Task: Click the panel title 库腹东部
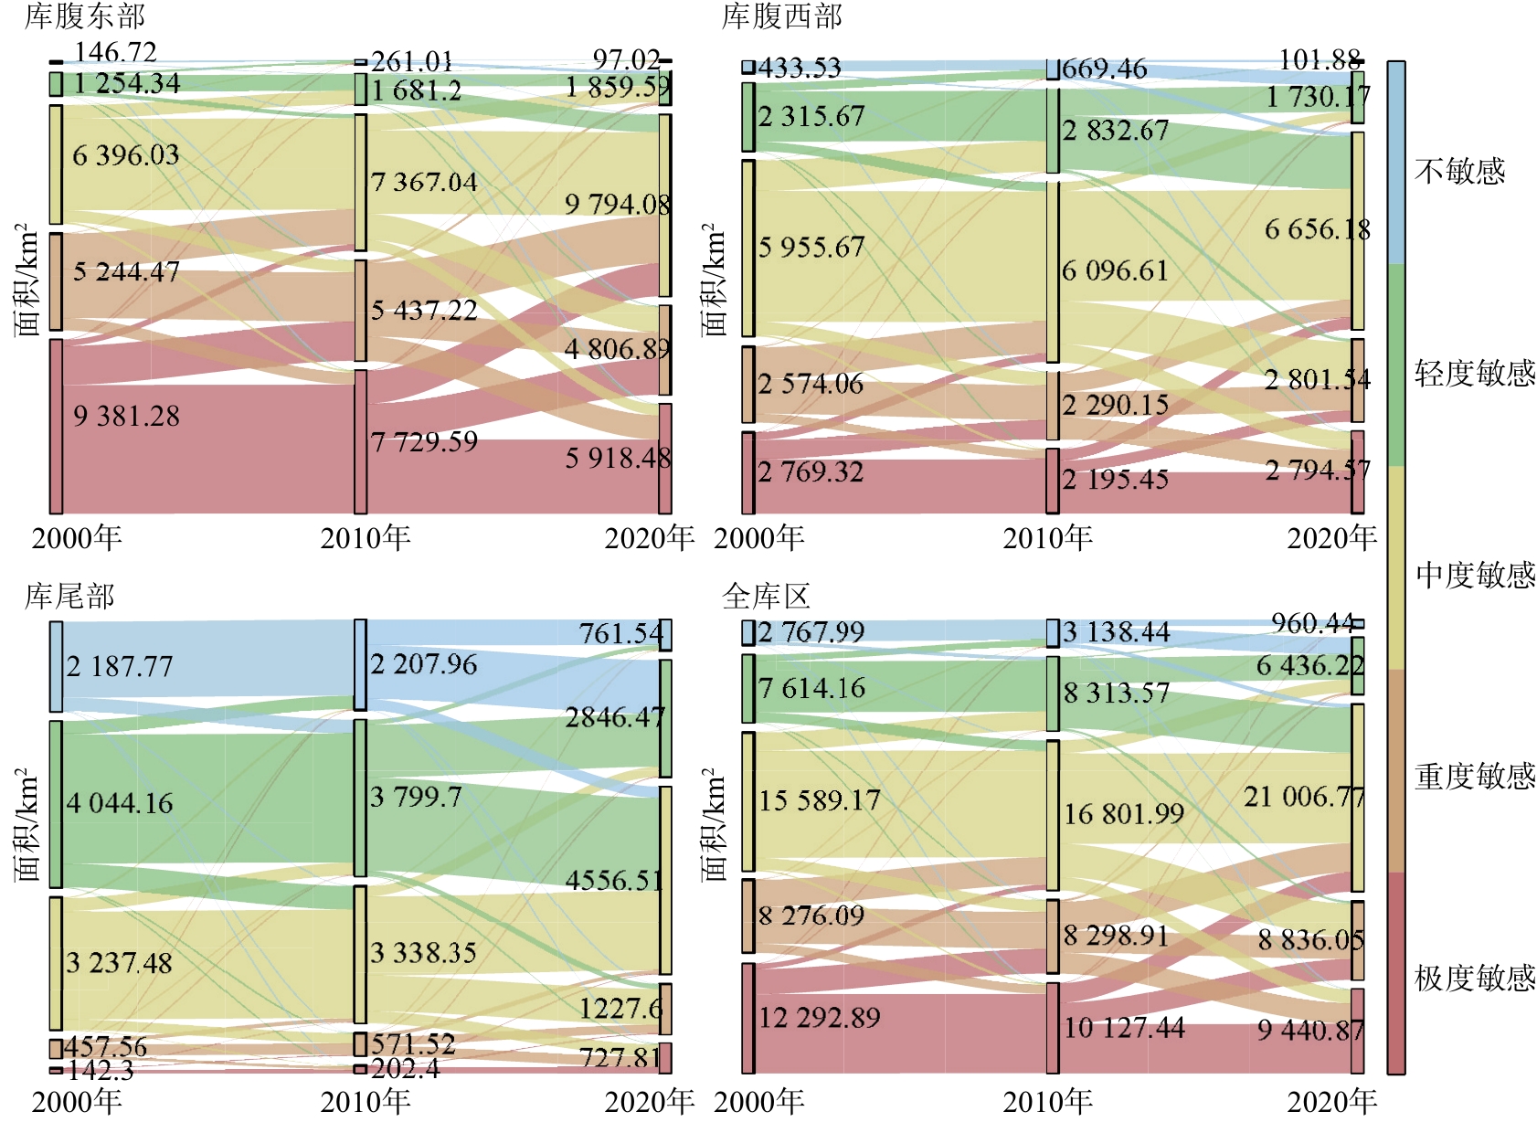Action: (x=84, y=16)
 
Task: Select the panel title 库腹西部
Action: (x=781, y=16)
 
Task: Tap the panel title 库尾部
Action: (x=69, y=596)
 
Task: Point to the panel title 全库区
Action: (x=766, y=596)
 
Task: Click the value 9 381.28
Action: (x=126, y=417)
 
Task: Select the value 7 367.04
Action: (x=424, y=183)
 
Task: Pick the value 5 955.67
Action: (x=811, y=248)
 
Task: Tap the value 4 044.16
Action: (x=120, y=804)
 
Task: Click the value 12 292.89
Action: (x=820, y=1018)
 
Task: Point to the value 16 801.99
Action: (x=1124, y=814)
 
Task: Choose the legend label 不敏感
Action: (x=1459, y=171)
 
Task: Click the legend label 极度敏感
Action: (x=1475, y=979)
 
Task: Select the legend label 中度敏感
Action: (x=1475, y=575)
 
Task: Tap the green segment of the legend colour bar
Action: (x=1395, y=365)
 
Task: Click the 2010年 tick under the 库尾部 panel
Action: (x=365, y=1102)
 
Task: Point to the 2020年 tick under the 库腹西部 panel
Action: (x=1331, y=538)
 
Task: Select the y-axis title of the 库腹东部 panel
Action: (x=27, y=280)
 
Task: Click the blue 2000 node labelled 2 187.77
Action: (x=57, y=666)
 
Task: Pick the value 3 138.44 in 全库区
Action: (x=1116, y=632)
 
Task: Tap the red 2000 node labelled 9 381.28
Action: (x=57, y=426)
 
